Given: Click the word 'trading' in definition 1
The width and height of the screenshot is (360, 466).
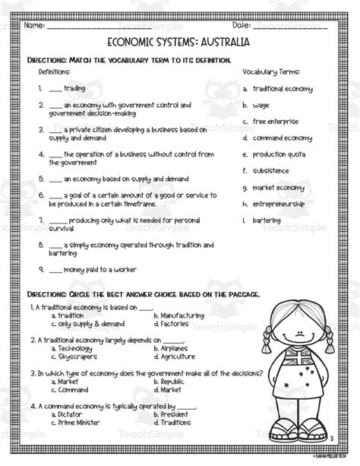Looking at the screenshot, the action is pyautogui.click(x=74, y=88).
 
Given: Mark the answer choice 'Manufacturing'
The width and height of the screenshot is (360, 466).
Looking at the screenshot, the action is pyautogui.click(x=183, y=315).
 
